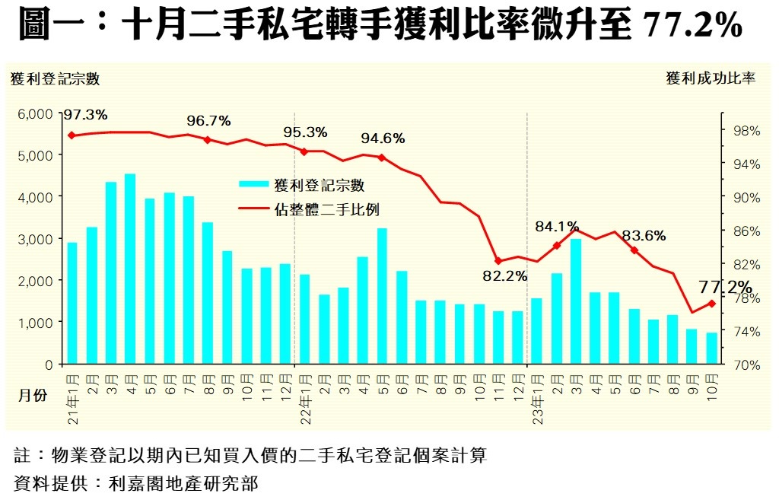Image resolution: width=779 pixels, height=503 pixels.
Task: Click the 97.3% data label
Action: (x=85, y=115)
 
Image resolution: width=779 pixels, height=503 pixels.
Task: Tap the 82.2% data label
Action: (x=504, y=276)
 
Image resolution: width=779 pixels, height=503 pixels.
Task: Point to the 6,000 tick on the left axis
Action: (x=35, y=113)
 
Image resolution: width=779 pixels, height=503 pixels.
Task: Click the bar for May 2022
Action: (x=383, y=296)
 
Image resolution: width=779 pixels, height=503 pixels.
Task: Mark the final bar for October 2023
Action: (x=712, y=349)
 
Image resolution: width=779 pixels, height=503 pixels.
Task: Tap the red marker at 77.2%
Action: (x=712, y=304)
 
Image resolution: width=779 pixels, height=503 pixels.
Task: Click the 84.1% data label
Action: (x=557, y=227)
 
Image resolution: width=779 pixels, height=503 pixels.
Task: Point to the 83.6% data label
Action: (x=644, y=236)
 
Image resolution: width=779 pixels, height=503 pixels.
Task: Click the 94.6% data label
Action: (x=383, y=138)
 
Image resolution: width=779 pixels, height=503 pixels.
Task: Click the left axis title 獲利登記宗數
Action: (x=56, y=78)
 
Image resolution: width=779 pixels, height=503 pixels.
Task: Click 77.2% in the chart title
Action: (x=692, y=27)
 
